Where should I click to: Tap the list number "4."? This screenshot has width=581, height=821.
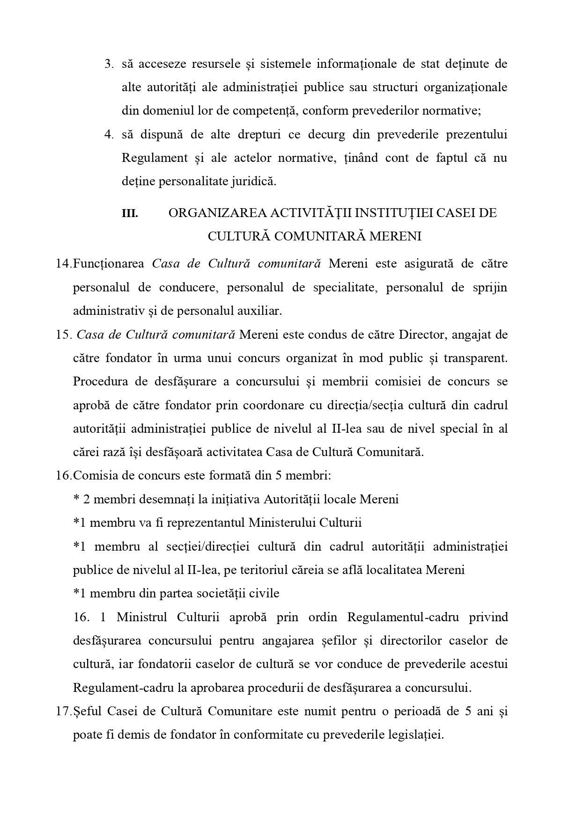click(109, 134)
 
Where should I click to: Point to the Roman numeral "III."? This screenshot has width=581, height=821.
click(130, 213)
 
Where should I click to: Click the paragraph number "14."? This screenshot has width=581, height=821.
click(63, 263)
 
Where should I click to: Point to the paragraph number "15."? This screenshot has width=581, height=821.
click(63, 334)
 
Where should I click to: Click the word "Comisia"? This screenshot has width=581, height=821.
click(94, 475)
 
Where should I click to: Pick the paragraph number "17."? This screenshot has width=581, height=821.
click(63, 711)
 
